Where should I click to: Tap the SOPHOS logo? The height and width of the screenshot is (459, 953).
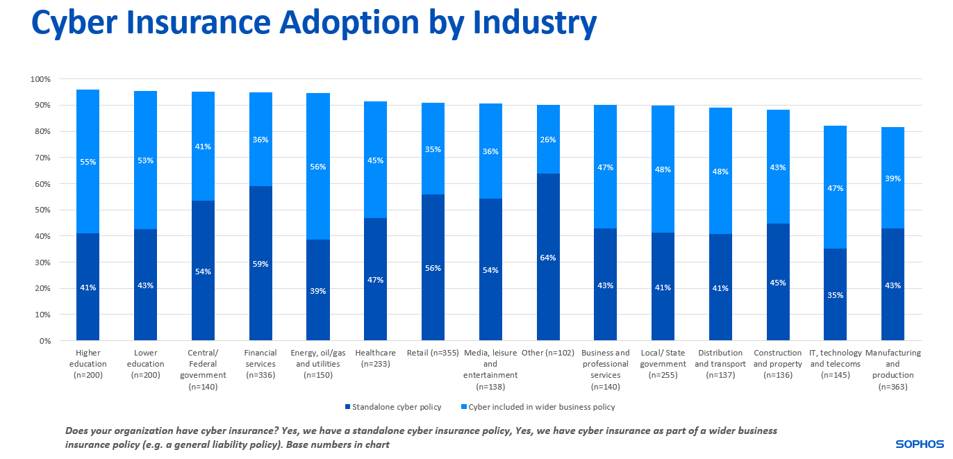tap(919, 444)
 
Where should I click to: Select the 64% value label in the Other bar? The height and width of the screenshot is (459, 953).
tap(548, 258)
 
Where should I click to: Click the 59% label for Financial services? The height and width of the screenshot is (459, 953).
tap(260, 264)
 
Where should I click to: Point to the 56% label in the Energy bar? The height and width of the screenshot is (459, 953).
tap(318, 167)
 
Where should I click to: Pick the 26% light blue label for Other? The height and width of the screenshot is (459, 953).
tap(548, 140)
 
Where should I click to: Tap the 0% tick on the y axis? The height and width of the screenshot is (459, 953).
tap(45, 341)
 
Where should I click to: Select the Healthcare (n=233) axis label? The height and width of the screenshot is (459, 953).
tap(376, 358)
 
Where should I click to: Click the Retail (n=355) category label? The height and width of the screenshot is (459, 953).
tap(433, 353)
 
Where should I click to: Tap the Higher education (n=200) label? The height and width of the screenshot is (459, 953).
tap(88, 364)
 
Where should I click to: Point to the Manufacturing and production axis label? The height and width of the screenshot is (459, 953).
tap(893, 364)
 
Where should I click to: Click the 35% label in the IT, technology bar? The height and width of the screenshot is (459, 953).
tap(835, 295)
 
